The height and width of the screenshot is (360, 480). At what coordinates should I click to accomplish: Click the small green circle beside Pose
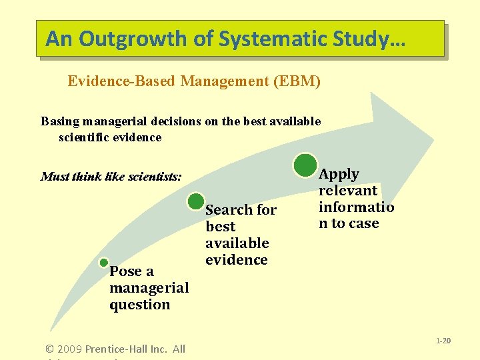[x=103, y=263]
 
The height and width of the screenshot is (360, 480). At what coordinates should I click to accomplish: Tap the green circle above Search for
[x=196, y=201]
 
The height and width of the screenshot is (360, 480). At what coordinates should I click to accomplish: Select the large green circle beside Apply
[x=305, y=165]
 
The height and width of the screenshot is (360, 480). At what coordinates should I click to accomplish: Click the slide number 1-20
[x=443, y=341]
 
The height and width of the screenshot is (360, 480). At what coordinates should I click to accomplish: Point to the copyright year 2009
[x=70, y=349]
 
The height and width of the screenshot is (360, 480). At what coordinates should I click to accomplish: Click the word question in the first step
[x=139, y=305]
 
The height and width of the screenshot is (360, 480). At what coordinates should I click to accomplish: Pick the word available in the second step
[x=237, y=243]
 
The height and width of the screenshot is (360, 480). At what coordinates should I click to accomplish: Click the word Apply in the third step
[x=339, y=174]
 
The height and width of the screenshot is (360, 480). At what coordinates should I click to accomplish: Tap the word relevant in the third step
[x=348, y=191]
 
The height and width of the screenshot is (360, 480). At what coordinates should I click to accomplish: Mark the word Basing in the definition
[x=59, y=121]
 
